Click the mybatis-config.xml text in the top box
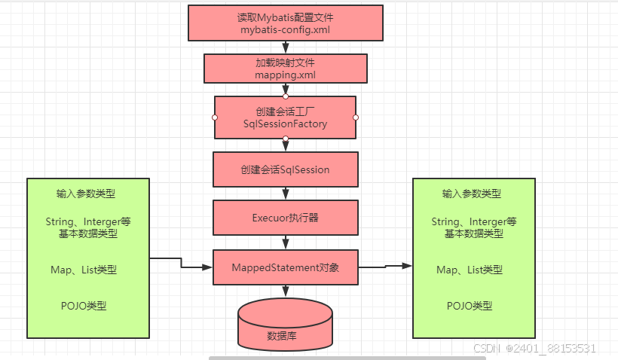[285, 30]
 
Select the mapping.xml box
[285, 68]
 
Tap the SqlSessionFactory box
[285, 117]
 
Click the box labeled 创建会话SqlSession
[285, 169]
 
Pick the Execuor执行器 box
[285, 218]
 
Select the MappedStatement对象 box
[285, 267]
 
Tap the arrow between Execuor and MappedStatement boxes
[286, 243]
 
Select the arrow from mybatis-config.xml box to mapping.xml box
[286, 47]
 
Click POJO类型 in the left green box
[84, 306]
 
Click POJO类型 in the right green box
[470, 306]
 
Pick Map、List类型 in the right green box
[470, 270]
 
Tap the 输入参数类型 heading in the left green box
[86, 194]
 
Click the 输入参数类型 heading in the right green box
[472, 194]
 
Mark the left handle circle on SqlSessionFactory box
[215, 117]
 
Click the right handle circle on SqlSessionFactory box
[356, 117]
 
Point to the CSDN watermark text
[534, 348]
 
